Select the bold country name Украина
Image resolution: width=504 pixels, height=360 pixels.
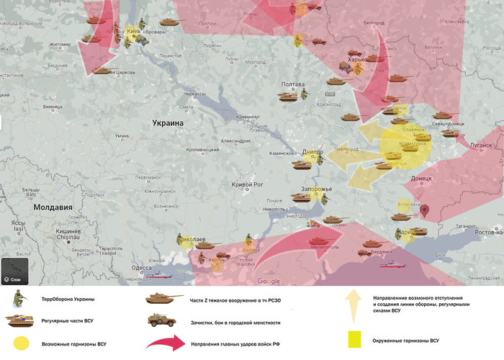coord(168,123)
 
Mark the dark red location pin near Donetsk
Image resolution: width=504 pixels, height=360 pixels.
coord(426,210)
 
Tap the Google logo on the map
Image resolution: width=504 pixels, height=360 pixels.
coord(269,281)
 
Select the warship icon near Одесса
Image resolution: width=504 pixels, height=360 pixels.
coord(158,274)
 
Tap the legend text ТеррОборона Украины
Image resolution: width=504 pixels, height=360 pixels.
coord(68,299)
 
